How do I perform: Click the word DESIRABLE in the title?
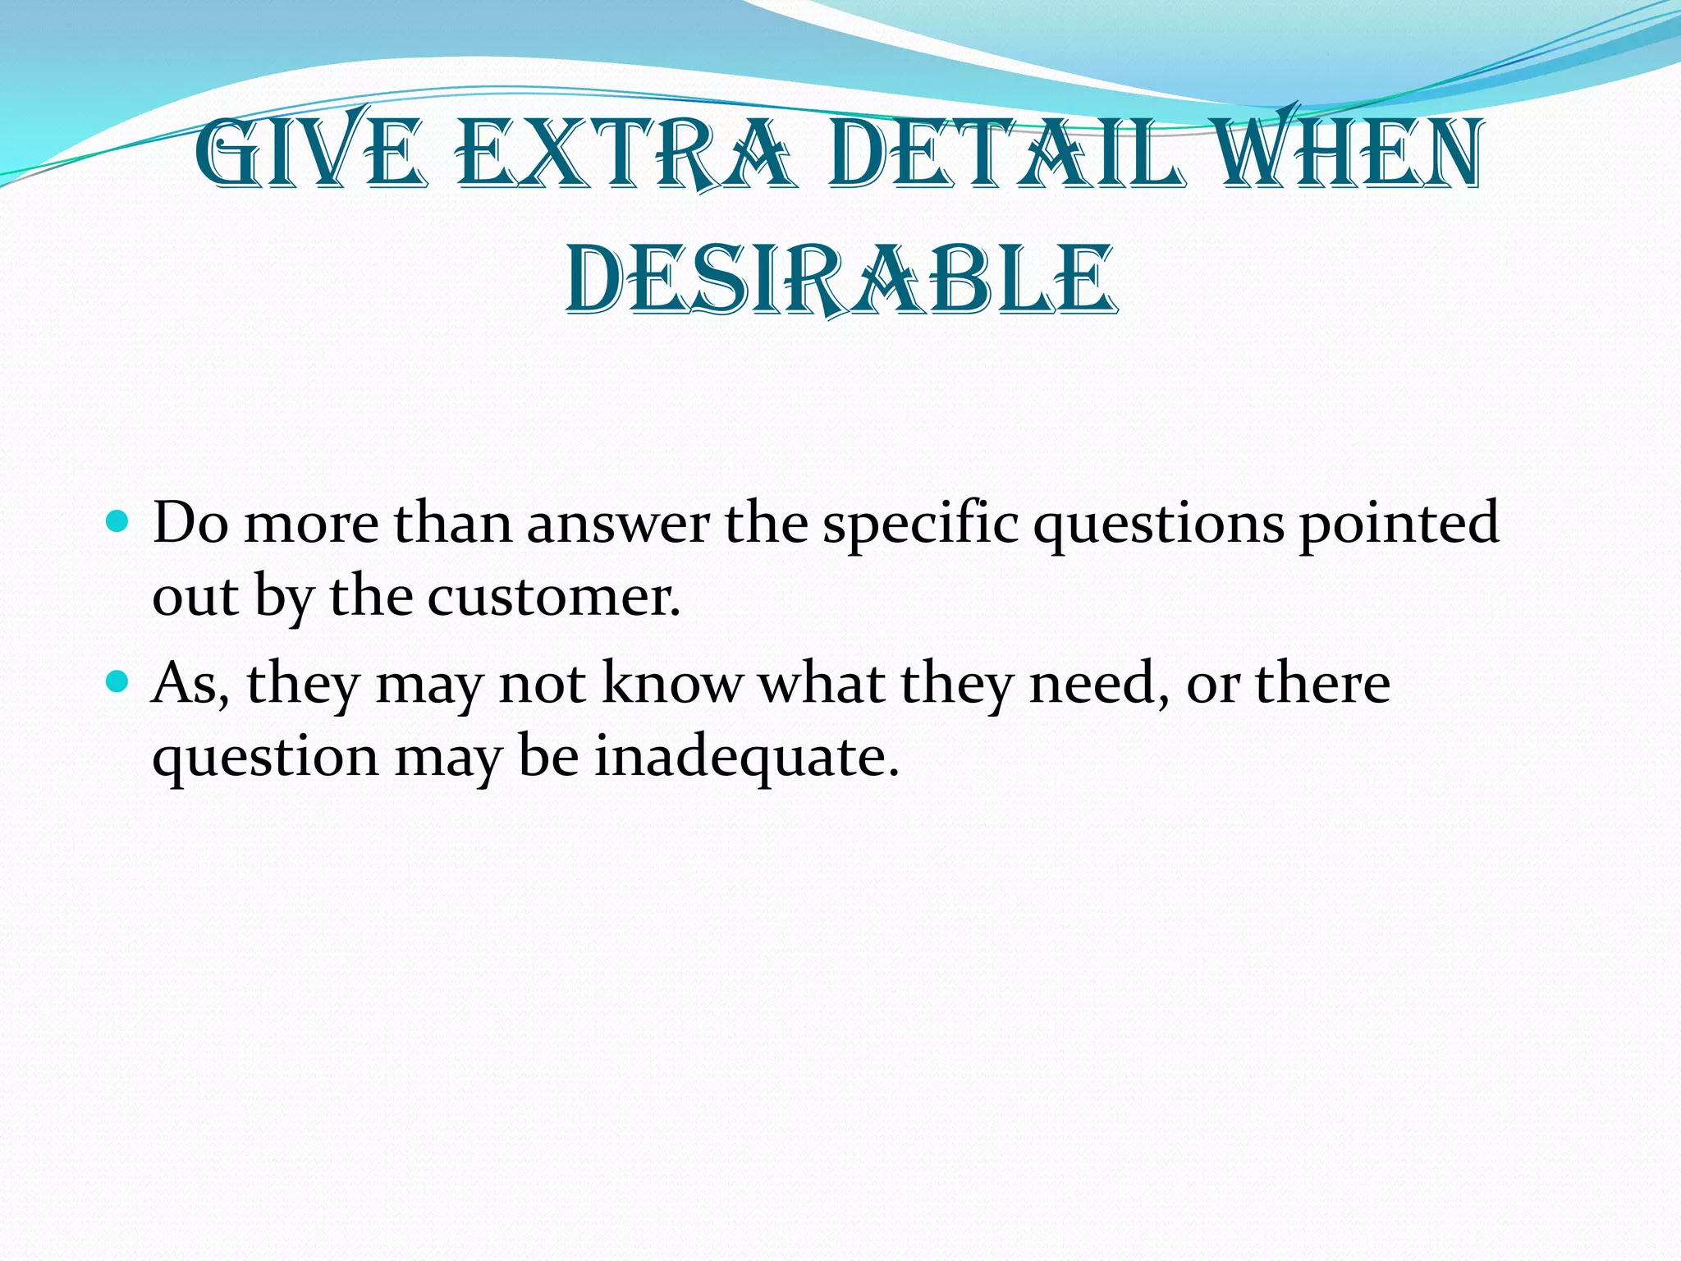tap(840, 279)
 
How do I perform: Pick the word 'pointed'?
tap(1399, 525)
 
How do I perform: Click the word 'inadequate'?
tap(746, 757)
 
